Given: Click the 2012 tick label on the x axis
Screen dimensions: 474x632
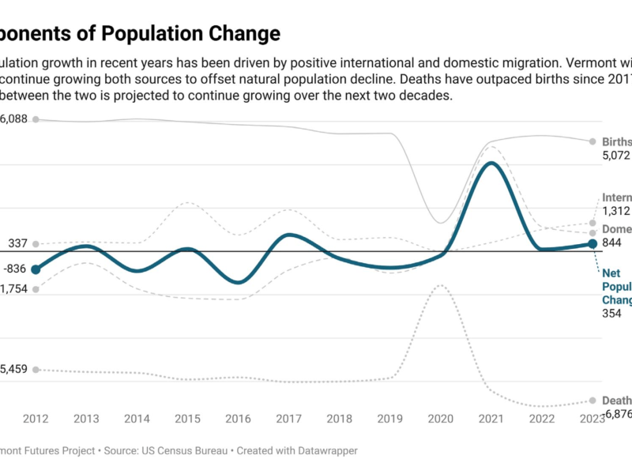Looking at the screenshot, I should pyautogui.click(x=36, y=419).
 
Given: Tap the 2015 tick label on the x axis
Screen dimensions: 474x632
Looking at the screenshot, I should pyautogui.click(x=187, y=419).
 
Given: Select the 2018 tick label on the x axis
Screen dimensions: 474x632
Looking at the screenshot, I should pyautogui.click(x=339, y=419).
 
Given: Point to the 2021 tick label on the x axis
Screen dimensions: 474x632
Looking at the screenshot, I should pyautogui.click(x=491, y=419).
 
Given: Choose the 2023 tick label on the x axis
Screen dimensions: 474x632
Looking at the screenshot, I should pyautogui.click(x=592, y=419).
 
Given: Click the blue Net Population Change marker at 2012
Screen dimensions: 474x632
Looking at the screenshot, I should pyautogui.click(x=36, y=269).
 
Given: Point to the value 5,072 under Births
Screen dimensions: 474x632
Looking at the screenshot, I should pyautogui.click(x=617, y=156).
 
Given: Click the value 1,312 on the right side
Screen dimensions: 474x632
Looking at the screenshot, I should pyautogui.click(x=617, y=211).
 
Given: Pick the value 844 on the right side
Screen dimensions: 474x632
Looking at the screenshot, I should pyautogui.click(x=614, y=243).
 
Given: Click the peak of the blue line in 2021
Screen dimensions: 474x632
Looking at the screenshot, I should pyautogui.click(x=491, y=164).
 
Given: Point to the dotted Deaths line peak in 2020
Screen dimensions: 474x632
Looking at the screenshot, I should pyautogui.click(x=441, y=285).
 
